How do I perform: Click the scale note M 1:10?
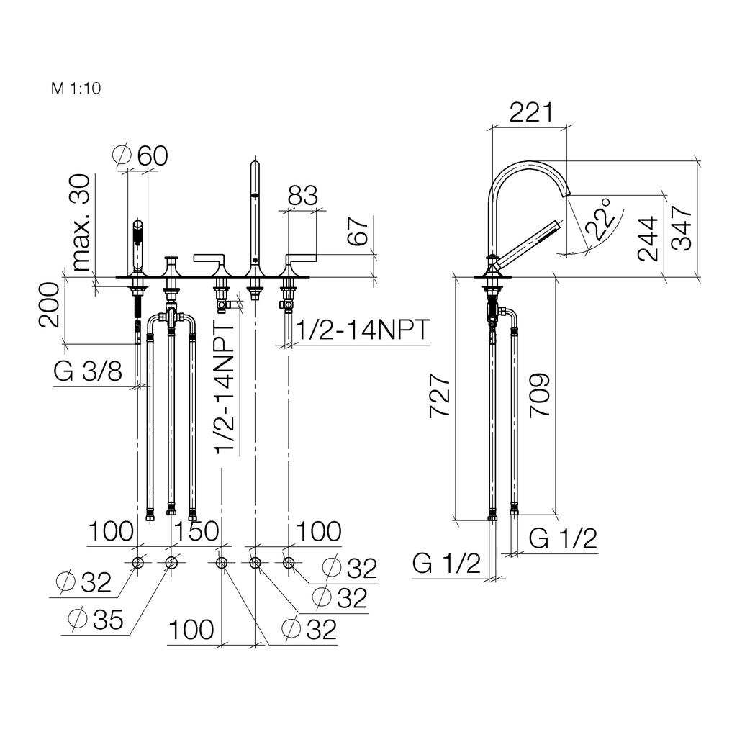[76, 89]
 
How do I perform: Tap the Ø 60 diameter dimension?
[140, 155]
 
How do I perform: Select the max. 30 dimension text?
[81, 223]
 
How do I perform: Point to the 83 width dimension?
[303, 196]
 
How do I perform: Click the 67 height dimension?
[358, 231]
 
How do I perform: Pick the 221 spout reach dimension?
[531, 112]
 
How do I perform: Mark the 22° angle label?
[600, 219]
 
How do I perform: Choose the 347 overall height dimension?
[682, 228]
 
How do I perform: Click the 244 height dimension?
[648, 239]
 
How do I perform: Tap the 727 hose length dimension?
[440, 395]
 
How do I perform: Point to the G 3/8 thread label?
[88, 371]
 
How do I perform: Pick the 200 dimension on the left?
[50, 305]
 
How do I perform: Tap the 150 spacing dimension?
[196, 531]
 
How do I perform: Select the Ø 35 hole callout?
[96, 620]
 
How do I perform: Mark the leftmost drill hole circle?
[137, 563]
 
